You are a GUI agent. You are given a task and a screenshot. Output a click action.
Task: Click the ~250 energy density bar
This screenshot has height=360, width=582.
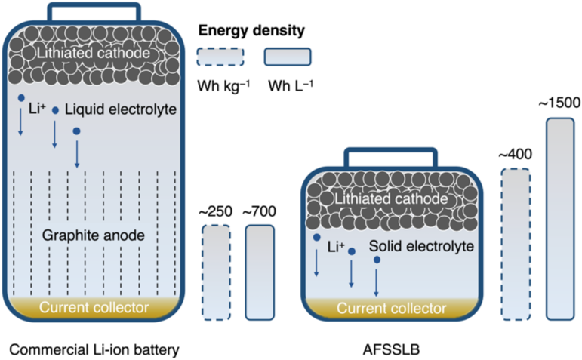point(216,272)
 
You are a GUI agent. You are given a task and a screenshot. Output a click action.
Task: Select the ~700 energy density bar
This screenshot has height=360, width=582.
point(259,272)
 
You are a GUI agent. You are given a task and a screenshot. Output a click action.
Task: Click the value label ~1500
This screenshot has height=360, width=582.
point(559,103)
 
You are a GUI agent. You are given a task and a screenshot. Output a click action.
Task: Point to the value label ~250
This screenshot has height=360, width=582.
point(216,212)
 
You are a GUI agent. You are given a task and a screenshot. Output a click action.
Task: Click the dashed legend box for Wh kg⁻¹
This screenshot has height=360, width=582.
point(220,57)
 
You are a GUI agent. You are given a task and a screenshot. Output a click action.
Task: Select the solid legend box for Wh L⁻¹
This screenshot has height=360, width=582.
point(288,57)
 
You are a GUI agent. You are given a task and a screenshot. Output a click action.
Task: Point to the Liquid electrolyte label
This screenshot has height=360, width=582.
point(120,110)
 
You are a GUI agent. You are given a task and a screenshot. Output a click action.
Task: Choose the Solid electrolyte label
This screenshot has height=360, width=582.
point(421,247)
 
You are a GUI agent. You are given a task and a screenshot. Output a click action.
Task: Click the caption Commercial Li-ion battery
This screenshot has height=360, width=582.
point(94,349)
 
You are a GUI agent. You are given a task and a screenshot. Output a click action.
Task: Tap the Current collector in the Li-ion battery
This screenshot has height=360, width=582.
point(94,307)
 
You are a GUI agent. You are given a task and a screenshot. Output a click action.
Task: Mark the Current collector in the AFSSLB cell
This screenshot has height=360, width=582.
point(390,308)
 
